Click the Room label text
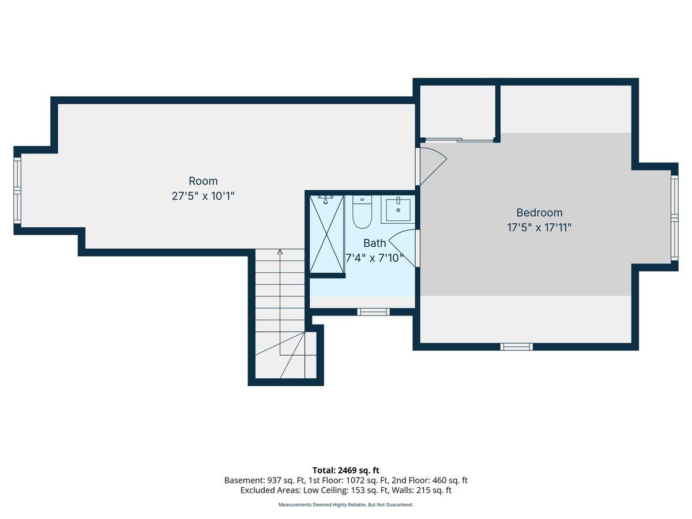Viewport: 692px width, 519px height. tap(203, 181)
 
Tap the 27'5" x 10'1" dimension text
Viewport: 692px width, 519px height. tap(203, 196)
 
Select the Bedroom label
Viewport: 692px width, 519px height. tap(539, 213)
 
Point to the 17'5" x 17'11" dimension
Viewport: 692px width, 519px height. tap(539, 228)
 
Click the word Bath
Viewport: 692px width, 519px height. tap(374, 243)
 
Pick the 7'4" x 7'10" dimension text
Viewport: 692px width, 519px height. tap(374, 258)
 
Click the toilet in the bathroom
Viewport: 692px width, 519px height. tap(362, 213)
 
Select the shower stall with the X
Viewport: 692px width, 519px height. tap(326, 234)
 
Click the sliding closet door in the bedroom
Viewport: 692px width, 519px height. tap(459, 140)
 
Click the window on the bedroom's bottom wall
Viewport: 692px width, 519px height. tap(516, 347)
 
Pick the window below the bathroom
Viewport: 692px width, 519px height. tap(373, 312)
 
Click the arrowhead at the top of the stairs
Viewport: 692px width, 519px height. tap(280, 252)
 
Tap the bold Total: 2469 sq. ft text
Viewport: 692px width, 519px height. tap(345, 470)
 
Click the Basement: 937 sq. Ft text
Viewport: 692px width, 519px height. tap(259, 480)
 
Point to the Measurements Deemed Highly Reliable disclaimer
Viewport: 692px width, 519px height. tap(345, 505)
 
